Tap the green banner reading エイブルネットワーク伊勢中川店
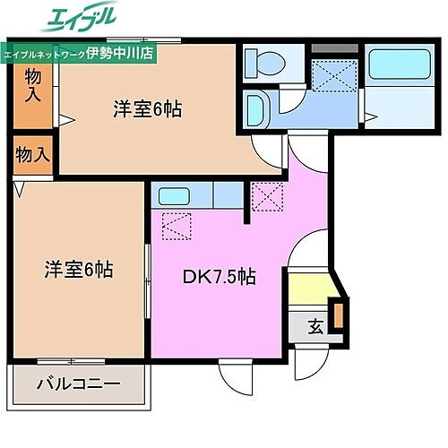click(78, 53)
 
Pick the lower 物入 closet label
click(33, 154)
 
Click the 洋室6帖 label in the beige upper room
click(148, 109)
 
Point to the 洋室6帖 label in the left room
click(80, 269)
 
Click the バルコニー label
click(78, 387)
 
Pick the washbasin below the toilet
click(255, 111)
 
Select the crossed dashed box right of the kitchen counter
click(266, 196)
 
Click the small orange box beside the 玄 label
click(339, 315)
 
